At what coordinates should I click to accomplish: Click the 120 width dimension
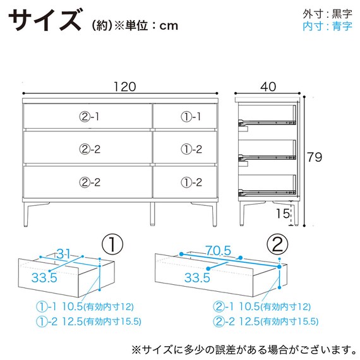click(x=125, y=87)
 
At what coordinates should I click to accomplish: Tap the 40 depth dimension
click(x=268, y=87)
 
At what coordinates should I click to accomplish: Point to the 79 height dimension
click(x=315, y=157)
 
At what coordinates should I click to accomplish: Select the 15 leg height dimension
click(x=283, y=213)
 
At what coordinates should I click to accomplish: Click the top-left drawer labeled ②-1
click(x=88, y=116)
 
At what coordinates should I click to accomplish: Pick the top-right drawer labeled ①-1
click(x=185, y=116)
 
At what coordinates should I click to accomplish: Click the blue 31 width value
click(x=63, y=254)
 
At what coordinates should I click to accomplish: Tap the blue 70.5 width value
click(x=218, y=250)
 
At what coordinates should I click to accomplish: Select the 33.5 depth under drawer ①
click(x=44, y=277)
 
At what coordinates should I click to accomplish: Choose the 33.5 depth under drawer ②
click(x=197, y=277)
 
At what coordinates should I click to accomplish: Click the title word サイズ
click(x=45, y=20)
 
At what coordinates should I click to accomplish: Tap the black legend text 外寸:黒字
click(x=327, y=15)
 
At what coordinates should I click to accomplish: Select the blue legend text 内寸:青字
click(x=327, y=26)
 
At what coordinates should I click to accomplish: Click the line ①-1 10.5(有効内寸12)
click(x=85, y=307)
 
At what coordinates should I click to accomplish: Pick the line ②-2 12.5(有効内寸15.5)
click(x=266, y=321)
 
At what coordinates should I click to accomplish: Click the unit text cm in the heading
click(x=169, y=26)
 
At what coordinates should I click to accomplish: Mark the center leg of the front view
click(x=152, y=214)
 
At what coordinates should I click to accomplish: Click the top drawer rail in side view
click(x=267, y=123)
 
